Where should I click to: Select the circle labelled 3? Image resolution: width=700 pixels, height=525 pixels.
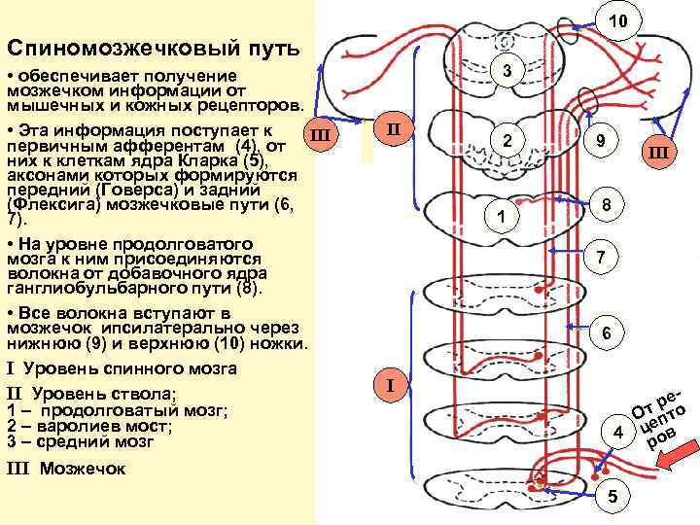(x=507, y=69)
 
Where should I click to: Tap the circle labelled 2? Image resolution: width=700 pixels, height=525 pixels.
(x=507, y=142)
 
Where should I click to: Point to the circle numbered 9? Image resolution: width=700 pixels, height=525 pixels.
(x=604, y=142)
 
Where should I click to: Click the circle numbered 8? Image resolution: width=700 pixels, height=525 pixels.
(x=606, y=206)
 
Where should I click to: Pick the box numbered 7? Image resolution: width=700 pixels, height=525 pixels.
(x=603, y=258)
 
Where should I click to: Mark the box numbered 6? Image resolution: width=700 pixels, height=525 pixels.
(x=606, y=332)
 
